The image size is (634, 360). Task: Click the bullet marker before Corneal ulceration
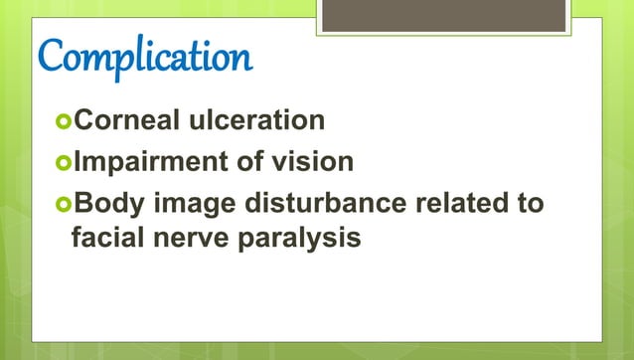[65, 122]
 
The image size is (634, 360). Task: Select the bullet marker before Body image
[65, 204]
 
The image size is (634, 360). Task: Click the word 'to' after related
[531, 203]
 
